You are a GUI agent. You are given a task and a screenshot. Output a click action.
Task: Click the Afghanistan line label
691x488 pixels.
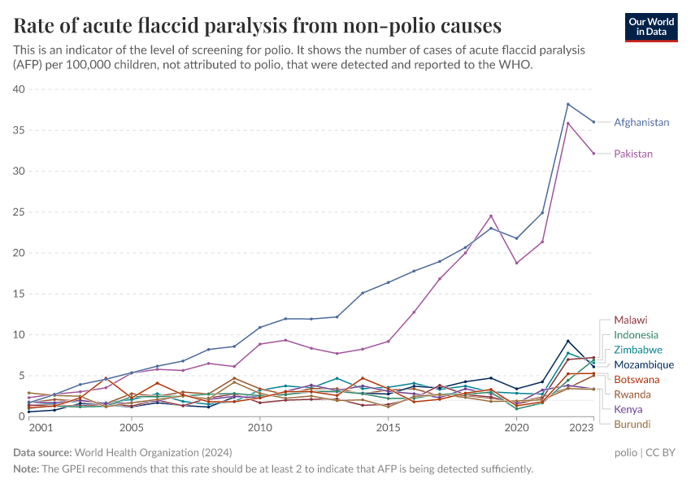tap(641, 123)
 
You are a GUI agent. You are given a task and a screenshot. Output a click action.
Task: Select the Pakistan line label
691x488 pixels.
tap(633, 154)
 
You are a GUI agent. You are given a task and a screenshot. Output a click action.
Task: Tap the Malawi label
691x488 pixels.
tap(631, 320)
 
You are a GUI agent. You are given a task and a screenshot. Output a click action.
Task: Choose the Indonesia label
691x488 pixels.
tap(636, 335)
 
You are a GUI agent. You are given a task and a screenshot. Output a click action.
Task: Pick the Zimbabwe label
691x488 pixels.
tap(637, 350)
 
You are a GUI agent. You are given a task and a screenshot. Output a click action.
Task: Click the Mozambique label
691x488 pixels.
tap(644, 365)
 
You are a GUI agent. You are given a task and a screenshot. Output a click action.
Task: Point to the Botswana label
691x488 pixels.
tap(637, 380)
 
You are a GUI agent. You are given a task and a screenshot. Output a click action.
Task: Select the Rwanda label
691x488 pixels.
tap(632, 394)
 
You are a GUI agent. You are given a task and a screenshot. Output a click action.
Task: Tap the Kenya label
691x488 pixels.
tap(628, 409)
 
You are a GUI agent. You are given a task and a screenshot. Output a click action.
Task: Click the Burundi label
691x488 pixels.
tap(632, 424)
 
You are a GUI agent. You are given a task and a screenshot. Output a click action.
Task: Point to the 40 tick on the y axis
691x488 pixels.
tap(19, 89)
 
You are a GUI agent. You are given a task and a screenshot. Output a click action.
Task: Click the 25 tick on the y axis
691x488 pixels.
tap(19, 212)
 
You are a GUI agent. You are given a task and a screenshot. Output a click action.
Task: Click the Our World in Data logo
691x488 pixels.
tap(651, 26)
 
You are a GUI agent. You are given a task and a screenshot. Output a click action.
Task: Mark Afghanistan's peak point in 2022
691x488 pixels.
tap(567, 104)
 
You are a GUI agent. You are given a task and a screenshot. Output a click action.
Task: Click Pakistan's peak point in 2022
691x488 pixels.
tap(567, 123)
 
